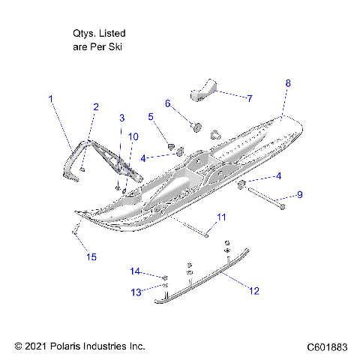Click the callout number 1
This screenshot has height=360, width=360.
coord(51,98)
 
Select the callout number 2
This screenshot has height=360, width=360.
coord(95,107)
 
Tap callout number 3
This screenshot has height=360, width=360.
coord(122,118)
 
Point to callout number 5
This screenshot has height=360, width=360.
coord(151,116)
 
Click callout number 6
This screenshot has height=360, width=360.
coord(168,103)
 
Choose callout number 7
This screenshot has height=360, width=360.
coord(250,97)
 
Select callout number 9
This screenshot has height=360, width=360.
coord(300,194)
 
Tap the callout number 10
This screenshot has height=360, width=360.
coord(133,136)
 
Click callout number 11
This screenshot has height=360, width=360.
coord(220,217)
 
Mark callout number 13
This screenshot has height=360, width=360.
coord(136,291)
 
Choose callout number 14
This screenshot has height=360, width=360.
coord(136,271)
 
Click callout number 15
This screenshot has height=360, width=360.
coord(91,257)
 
